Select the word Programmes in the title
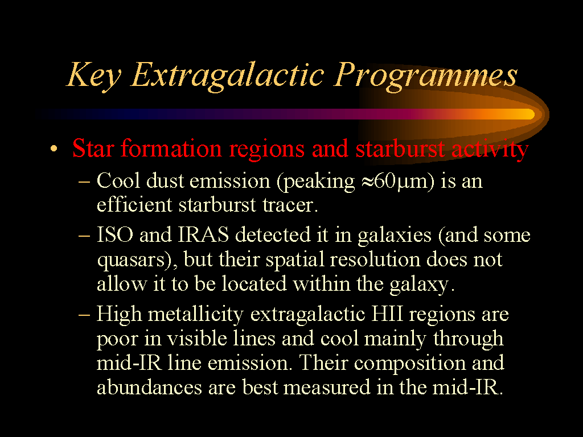[x=425, y=76]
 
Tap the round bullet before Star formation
[x=54, y=149]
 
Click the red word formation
[x=171, y=149]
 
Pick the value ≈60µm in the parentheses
[x=395, y=182]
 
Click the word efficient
[x=134, y=204]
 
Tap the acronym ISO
[x=114, y=234]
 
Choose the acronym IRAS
[x=203, y=234]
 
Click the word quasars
[x=130, y=260]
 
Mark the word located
[x=254, y=283]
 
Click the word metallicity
[x=196, y=315]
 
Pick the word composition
[x=410, y=364]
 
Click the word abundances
[x=150, y=387]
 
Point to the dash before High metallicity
[x=84, y=314]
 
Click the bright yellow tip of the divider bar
[x=528, y=114]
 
